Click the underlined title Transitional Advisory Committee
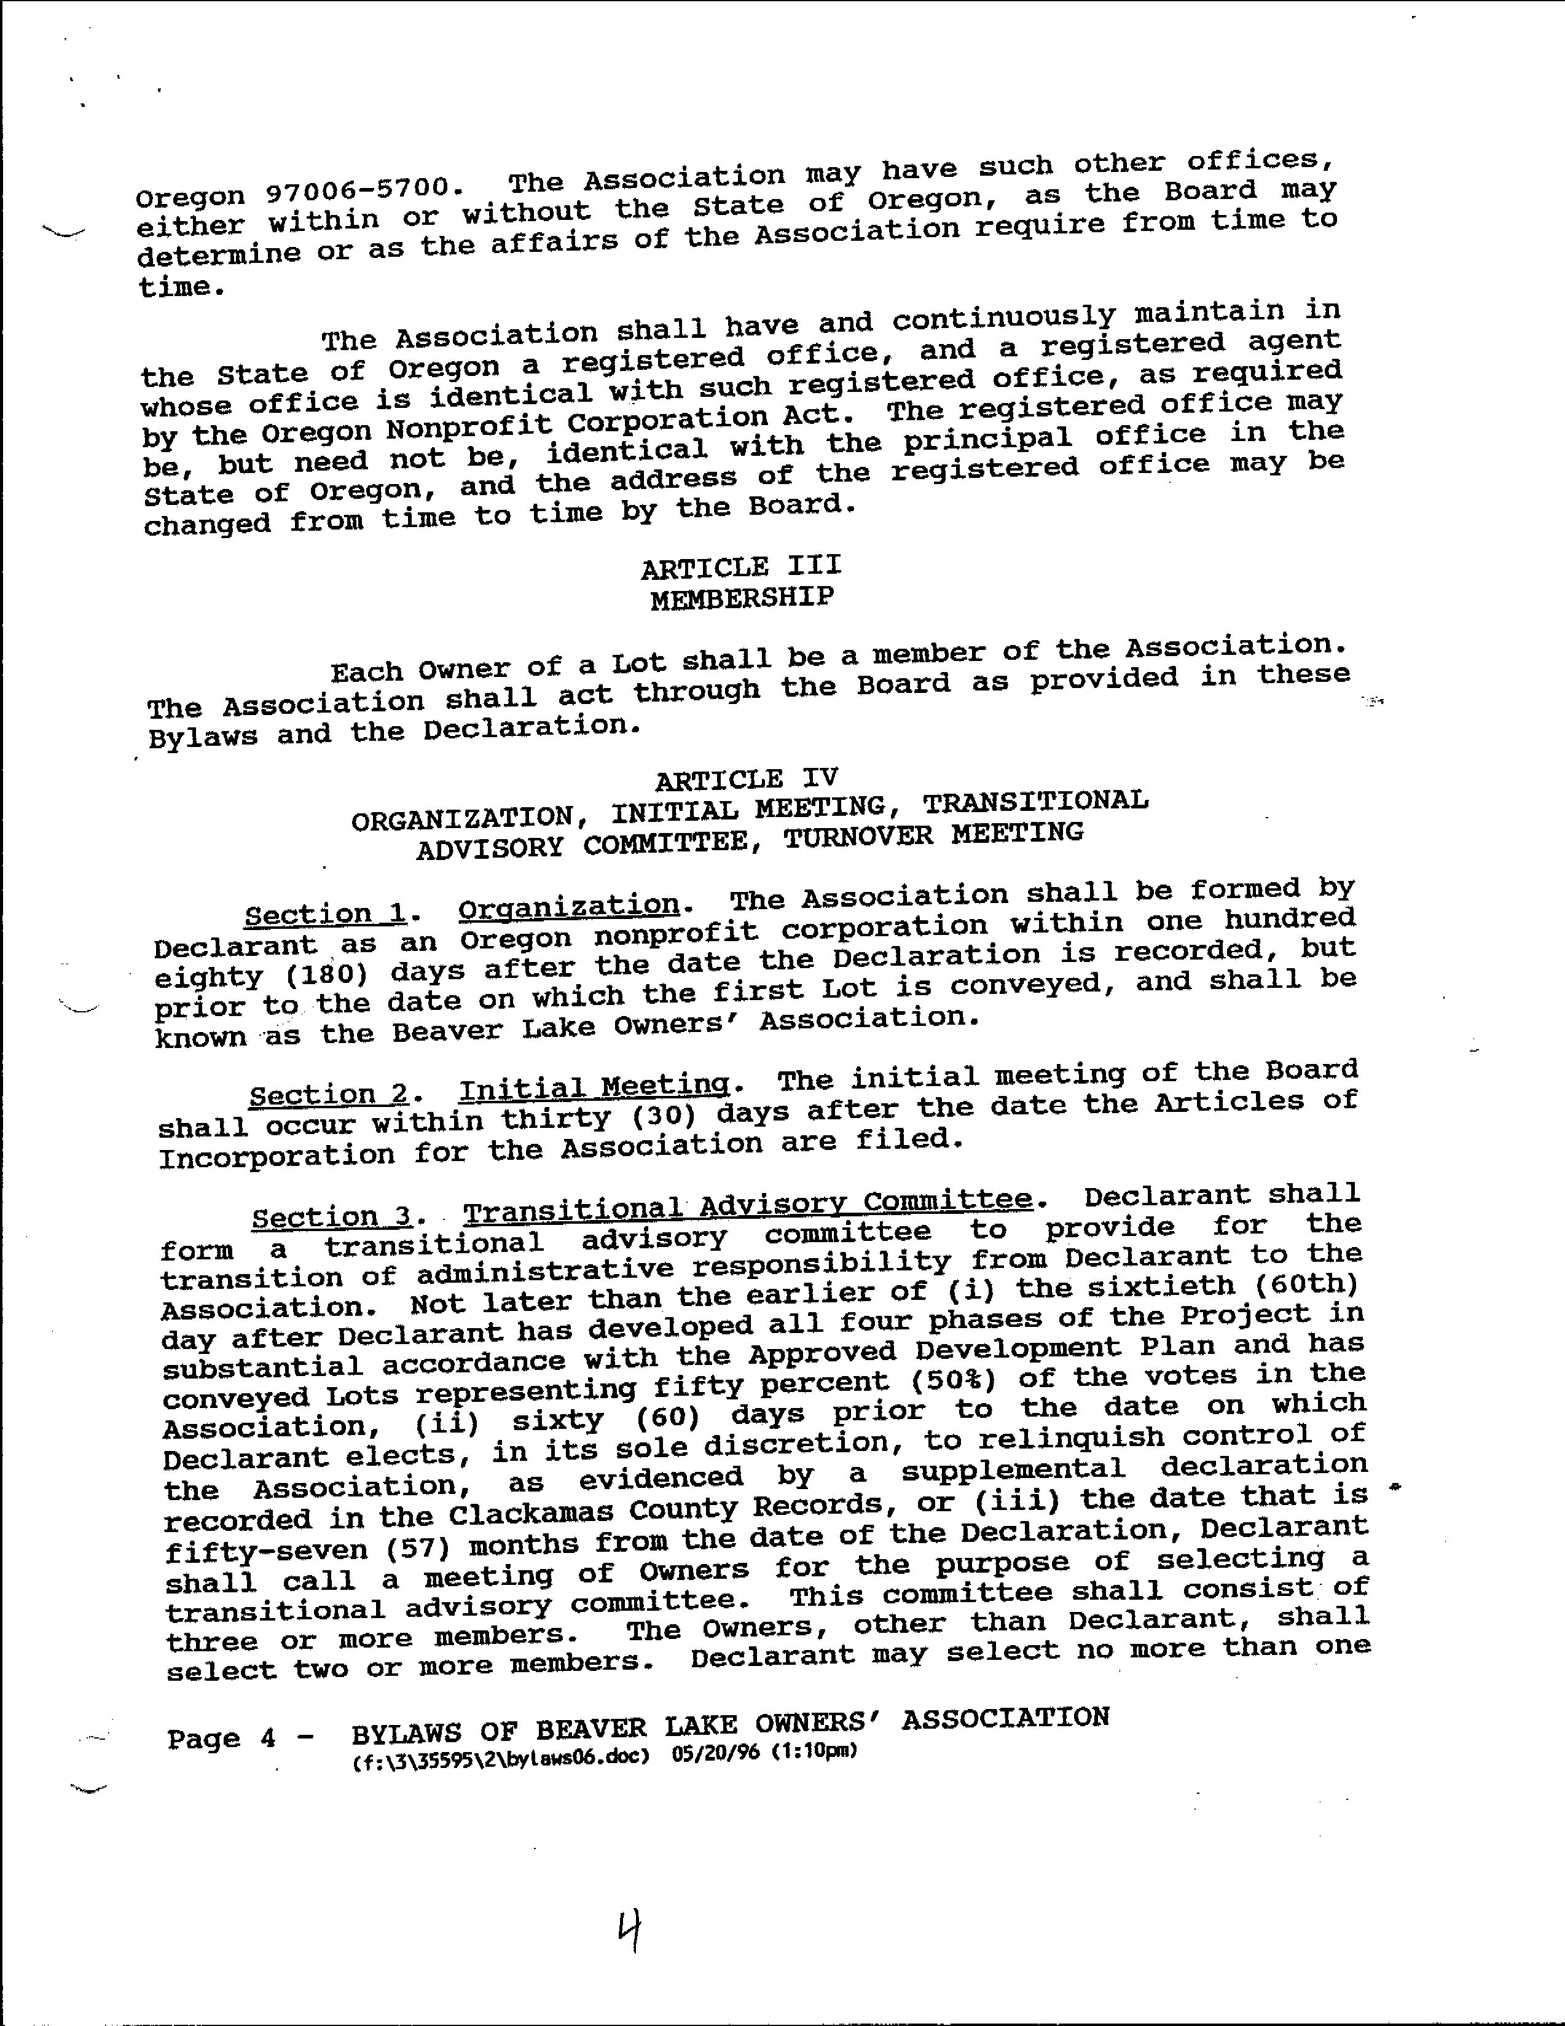coord(748,1205)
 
